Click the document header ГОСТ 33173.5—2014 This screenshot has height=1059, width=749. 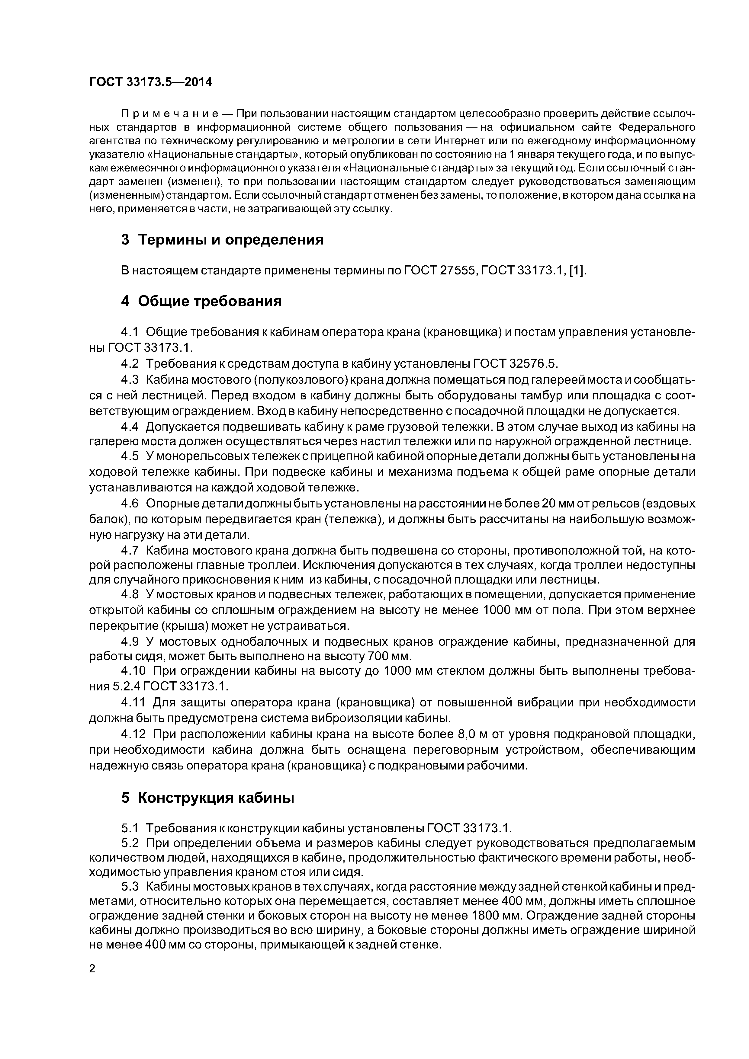pyautogui.click(x=150, y=82)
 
